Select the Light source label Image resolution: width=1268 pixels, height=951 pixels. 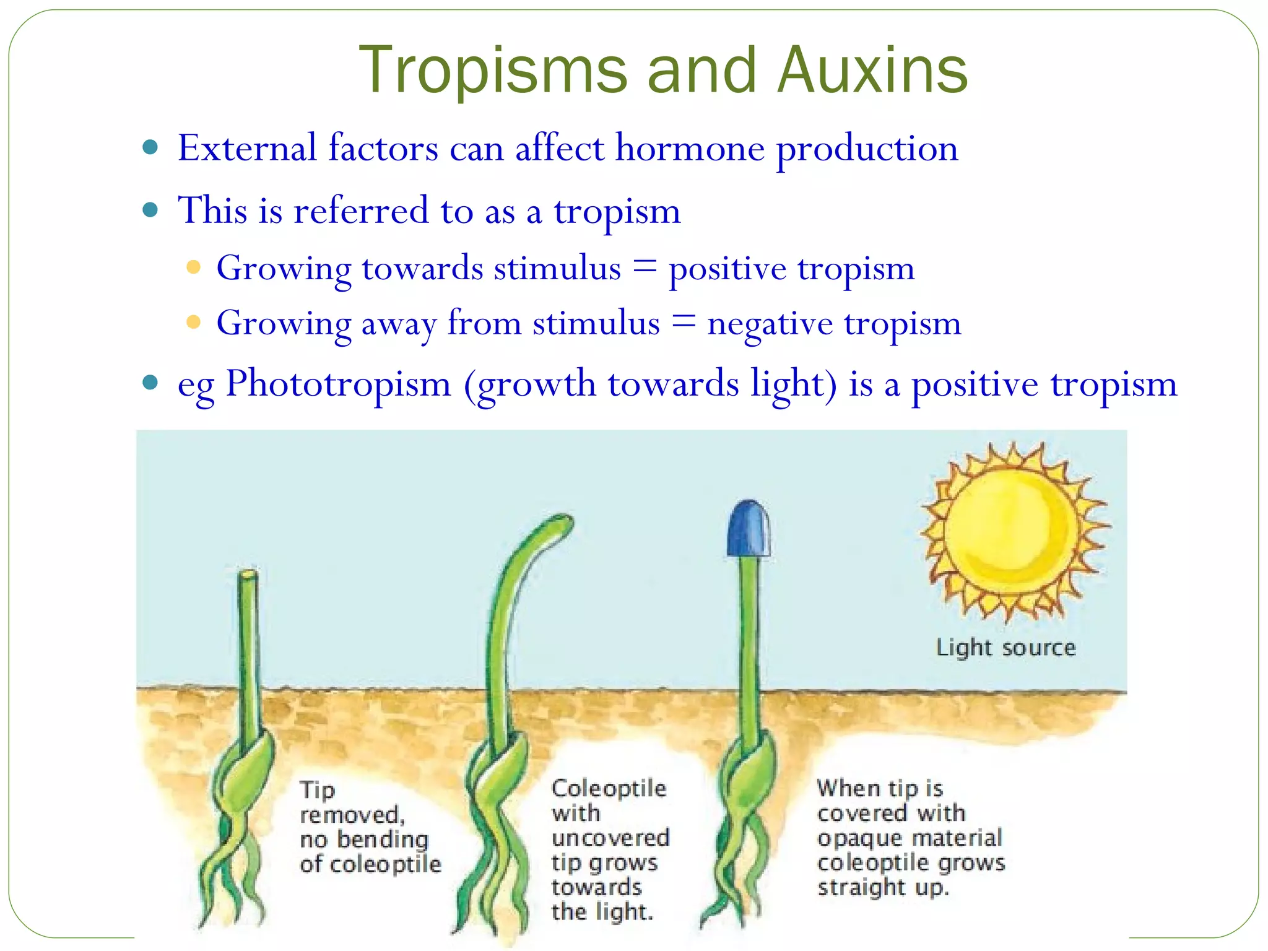point(1005,648)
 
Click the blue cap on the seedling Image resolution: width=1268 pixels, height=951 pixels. point(749,529)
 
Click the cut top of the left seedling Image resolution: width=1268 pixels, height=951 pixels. point(248,575)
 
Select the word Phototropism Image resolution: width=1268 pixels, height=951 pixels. point(338,384)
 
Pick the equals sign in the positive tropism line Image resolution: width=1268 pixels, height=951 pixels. point(645,268)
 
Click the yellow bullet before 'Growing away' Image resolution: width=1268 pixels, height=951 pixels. point(194,323)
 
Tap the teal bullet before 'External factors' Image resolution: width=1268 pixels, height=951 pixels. point(150,148)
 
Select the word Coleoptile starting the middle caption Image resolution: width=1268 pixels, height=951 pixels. point(609,788)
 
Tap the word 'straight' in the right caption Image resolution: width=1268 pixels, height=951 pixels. point(861,887)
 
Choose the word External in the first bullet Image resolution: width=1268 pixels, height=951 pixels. point(246,149)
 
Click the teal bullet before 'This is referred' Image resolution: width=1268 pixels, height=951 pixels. point(150,210)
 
